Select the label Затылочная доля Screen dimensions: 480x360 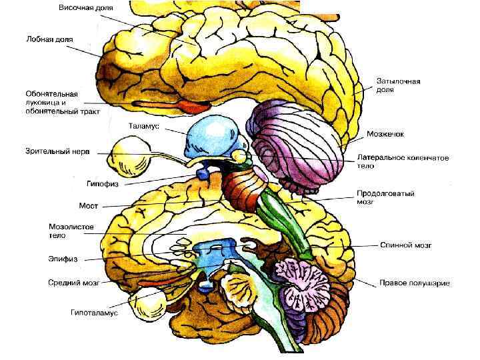[x=397, y=85]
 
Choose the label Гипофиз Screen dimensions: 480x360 [x=103, y=182]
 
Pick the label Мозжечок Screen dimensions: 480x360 [x=385, y=134]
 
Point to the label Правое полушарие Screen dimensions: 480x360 [x=414, y=283]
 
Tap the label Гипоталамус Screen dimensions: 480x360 [x=95, y=311]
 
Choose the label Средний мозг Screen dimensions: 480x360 [x=73, y=283]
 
